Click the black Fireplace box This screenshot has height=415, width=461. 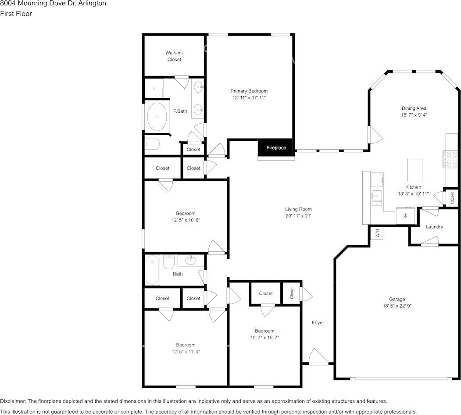[x=276, y=148]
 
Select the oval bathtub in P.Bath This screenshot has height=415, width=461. [x=157, y=117]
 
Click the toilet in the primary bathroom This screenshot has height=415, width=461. [x=152, y=144]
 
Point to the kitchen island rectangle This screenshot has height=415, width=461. [x=415, y=170]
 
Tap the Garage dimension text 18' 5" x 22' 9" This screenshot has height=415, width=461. [x=397, y=306]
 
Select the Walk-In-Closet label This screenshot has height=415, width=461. [x=174, y=56]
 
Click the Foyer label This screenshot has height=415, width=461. [x=318, y=322]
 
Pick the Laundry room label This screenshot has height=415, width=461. [x=434, y=227]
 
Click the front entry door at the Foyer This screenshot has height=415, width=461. [x=318, y=357]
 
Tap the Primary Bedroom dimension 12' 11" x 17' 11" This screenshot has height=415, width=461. [x=249, y=98]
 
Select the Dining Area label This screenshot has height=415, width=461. [x=414, y=108]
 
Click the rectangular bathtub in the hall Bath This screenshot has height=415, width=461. [x=152, y=270]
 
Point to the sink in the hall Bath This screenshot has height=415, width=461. [x=191, y=260]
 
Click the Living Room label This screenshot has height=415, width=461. [x=298, y=209]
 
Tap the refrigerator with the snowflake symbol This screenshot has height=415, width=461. [x=405, y=216]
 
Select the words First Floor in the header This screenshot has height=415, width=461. [x=16, y=14]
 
